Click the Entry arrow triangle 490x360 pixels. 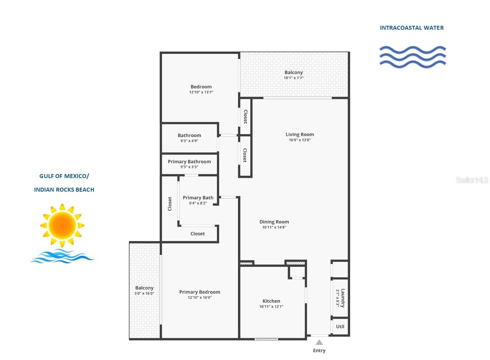(x=319, y=342)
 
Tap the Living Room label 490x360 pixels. (x=300, y=134)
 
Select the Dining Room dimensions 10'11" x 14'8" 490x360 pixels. (x=274, y=227)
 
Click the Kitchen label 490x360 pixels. (x=271, y=301)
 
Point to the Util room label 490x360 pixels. (x=340, y=326)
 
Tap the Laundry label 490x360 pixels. (x=343, y=298)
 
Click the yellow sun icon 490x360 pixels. (x=62, y=225)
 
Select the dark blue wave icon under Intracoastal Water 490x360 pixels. (x=413, y=57)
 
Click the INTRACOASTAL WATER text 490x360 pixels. (x=412, y=28)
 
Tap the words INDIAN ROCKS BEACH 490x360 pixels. (x=64, y=189)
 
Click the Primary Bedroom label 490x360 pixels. (x=200, y=292)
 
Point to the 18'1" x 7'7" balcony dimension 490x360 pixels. (x=294, y=78)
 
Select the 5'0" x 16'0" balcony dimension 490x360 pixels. (x=144, y=293)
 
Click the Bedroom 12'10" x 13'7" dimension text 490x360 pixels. (x=201, y=92)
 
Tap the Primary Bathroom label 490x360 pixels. (x=189, y=162)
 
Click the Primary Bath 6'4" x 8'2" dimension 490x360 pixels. (x=198, y=203)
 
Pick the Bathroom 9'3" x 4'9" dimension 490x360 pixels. (x=189, y=141)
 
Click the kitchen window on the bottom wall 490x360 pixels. (x=266, y=339)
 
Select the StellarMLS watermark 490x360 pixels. (x=472, y=180)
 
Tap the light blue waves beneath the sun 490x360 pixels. (x=62, y=256)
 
